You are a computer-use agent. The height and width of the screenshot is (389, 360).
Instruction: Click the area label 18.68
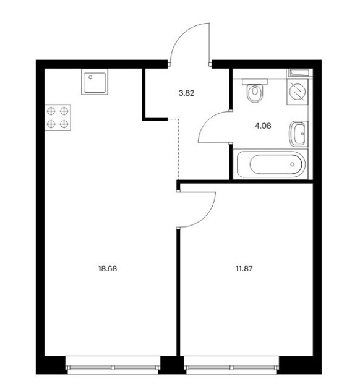(108, 268)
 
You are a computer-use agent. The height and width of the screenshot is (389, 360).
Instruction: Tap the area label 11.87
(244, 268)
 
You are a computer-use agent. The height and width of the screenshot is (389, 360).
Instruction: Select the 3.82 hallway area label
(186, 93)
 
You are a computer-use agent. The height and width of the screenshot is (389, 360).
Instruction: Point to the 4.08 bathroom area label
(263, 126)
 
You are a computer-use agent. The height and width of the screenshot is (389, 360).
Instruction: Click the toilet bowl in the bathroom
(254, 93)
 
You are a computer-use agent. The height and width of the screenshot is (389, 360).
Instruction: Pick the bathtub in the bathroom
(271, 165)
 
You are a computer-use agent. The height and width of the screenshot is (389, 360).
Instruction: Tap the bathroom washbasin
(299, 134)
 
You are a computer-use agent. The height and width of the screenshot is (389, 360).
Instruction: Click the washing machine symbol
(298, 92)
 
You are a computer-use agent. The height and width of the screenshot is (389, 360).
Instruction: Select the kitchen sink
(95, 82)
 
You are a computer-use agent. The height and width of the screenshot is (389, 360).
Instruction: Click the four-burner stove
(58, 118)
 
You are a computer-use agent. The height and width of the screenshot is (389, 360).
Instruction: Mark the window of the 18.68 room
(113, 365)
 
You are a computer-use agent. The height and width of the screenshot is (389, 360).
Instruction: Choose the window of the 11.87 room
(232, 365)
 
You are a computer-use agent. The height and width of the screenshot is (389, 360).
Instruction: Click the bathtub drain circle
(293, 165)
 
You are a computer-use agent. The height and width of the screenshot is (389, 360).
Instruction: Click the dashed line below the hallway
(178, 149)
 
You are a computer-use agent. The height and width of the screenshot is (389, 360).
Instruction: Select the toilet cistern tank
(255, 82)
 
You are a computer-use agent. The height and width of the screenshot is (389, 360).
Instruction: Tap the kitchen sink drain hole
(90, 77)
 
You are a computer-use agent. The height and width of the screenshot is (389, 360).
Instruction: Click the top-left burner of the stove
(51, 111)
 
